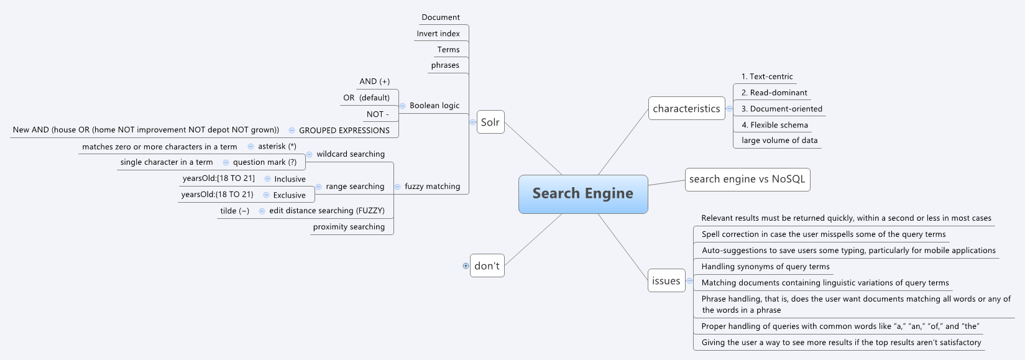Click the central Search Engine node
(x=583, y=194)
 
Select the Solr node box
(x=490, y=122)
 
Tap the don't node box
(x=487, y=265)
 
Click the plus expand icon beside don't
(x=466, y=265)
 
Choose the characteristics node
(x=686, y=108)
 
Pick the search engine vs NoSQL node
(x=747, y=179)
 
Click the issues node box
(x=666, y=280)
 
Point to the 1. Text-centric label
(x=767, y=76)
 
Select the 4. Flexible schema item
(x=774, y=125)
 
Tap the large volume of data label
(x=779, y=141)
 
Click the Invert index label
(x=438, y=34)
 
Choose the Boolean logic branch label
(x=434, y=106)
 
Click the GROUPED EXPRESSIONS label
(x=344, y=131)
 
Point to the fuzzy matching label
(x=433, y=187)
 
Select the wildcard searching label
(x=351, y=154)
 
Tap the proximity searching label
(x=349, y=227)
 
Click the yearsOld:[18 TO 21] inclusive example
(x=219, y=178)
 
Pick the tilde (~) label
(x=234, y=211)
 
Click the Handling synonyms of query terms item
(x=765, y=267)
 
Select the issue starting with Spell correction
(x=823, y=234)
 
